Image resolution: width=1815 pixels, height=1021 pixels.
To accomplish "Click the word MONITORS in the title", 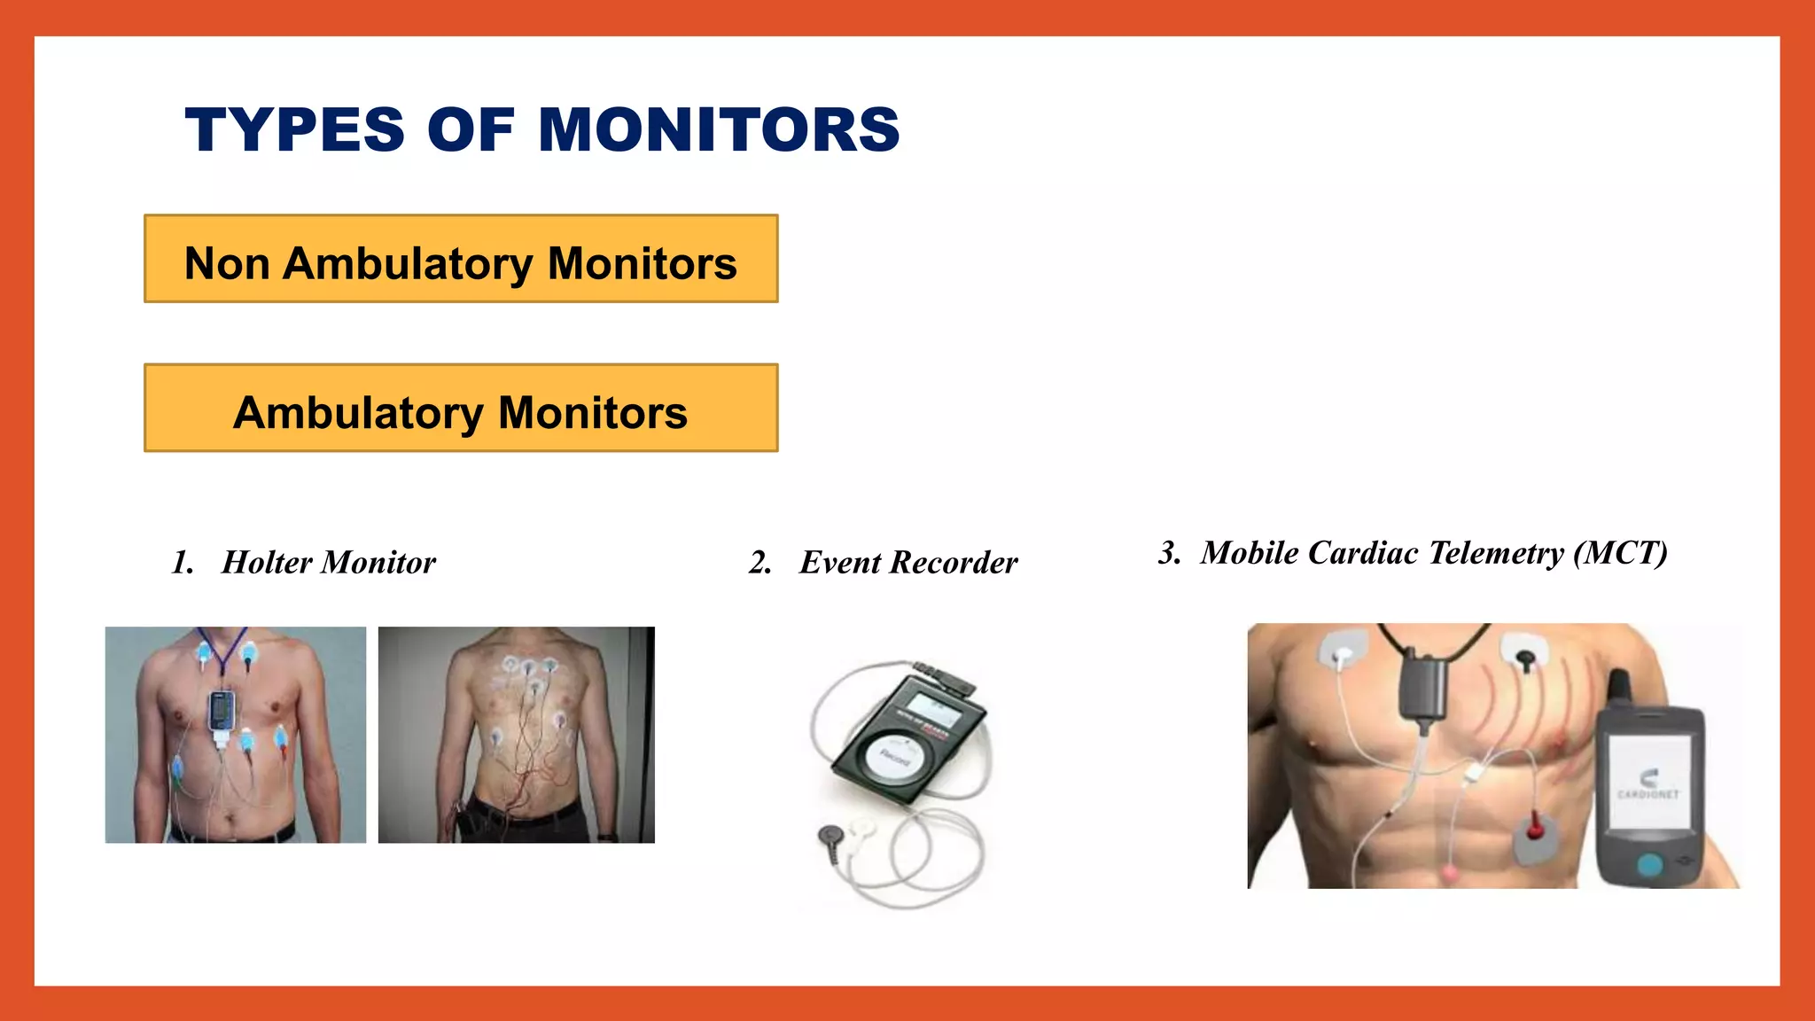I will [719, 129].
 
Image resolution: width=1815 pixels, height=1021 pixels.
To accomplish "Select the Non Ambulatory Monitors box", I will [461, 259].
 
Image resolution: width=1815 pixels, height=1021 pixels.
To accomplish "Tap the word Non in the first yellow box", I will [227, 263].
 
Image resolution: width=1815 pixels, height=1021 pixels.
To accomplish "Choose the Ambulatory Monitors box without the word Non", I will [461, 409].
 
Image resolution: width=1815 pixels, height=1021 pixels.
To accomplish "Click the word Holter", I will [267, 563].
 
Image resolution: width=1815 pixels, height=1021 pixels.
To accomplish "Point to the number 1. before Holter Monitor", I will [183, 563].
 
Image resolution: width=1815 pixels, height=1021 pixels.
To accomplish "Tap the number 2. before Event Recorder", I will [759, 563].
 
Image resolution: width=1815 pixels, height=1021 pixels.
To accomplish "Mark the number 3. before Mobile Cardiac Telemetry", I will [1169, 553].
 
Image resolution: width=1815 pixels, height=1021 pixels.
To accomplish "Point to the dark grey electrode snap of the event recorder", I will [831, 835].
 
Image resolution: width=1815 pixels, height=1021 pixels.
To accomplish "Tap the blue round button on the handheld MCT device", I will [1649, 863].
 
